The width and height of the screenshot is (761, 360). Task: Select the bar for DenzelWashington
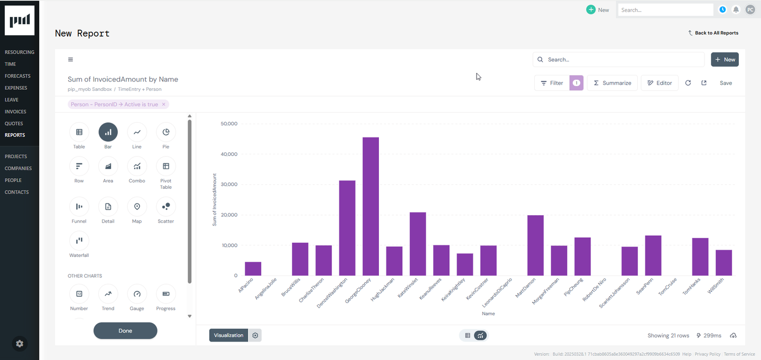[x=347, y=228]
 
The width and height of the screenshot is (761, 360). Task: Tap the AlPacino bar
[x=253, y=269]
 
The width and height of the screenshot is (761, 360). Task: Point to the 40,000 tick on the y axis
[x=229, y=154]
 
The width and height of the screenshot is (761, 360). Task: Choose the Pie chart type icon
[x=166, y=132]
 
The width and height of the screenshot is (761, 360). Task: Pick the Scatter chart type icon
[x=166, y=207]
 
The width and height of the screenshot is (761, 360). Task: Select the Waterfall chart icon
[x=79, y=241]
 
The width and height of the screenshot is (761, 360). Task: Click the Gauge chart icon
[x=137, y=294]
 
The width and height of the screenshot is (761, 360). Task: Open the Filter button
[x=552, y=83]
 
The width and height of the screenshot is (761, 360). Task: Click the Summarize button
[x=612, y=83]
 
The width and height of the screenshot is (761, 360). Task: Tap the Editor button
[x=660, y=83]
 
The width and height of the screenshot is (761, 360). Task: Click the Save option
[x=726, y=83]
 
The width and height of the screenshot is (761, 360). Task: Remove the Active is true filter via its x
[x=164, y=105]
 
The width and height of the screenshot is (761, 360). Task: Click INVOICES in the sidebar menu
[x=15, y=112]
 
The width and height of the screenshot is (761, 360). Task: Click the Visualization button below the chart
[x=228, y=335]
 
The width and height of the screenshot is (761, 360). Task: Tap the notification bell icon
[x=736, y=10]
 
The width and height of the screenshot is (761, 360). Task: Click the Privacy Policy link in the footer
[x=708, y=354]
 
